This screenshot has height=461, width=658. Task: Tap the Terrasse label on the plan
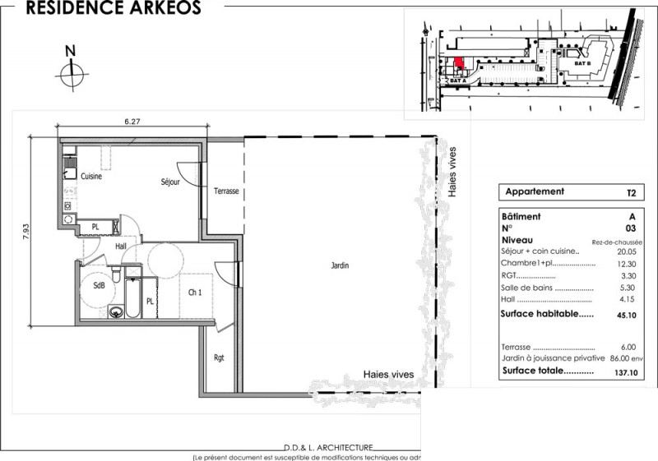click(x=226, y=191)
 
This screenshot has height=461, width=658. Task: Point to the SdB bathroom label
click(x=99, y=285)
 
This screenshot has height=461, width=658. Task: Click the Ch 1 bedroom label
click(x=195, y=293)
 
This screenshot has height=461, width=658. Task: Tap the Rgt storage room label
click(x=218, y=357)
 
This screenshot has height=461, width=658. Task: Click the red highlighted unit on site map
click(x=460, y=62)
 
